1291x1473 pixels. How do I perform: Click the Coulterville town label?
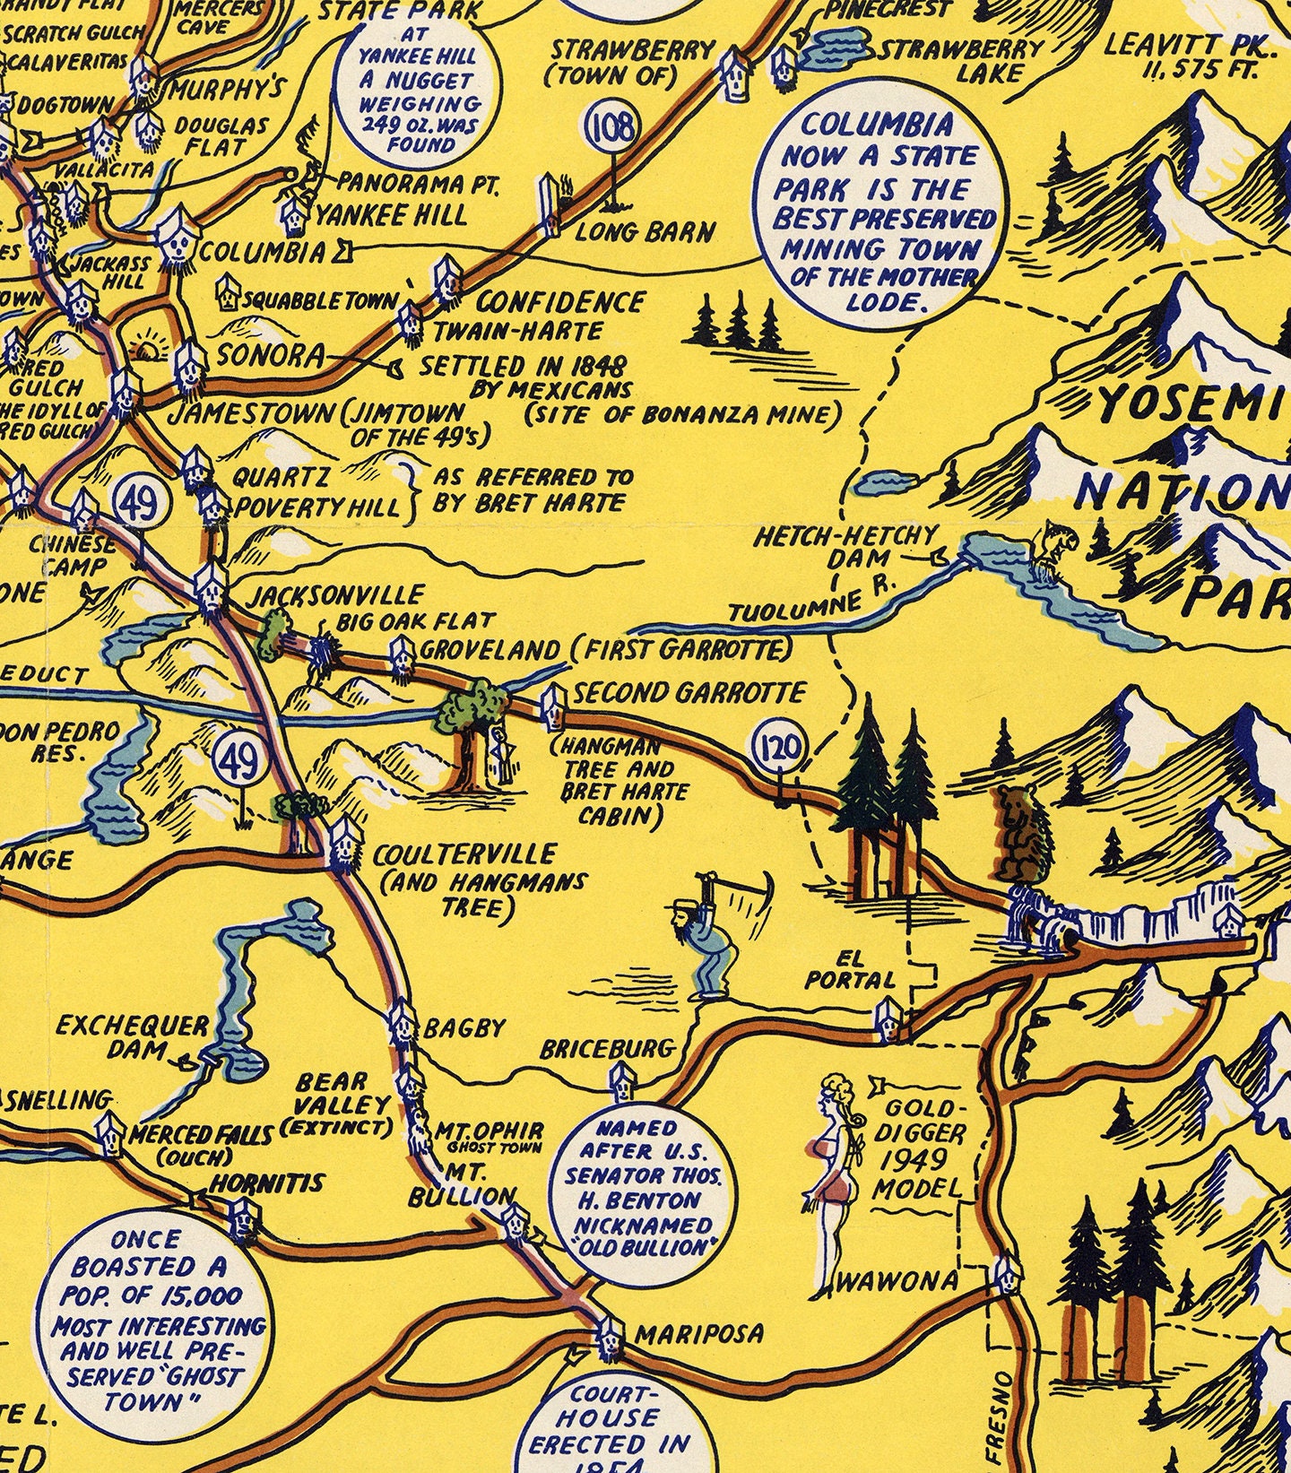click(x=465, y=854)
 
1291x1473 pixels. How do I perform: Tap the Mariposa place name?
click(x=699, y=1333)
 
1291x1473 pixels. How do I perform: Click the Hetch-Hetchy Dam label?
click(x=844, y=547)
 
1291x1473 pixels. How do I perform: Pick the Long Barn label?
click(x=645, y=232)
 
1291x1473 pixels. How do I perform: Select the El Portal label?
click(x=849, y=969)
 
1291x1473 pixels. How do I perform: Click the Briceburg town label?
click(x=606, y=1048)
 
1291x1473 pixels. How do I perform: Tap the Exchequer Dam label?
click(x=132, y=1036)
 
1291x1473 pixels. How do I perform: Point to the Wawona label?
click(x=897, y=1282)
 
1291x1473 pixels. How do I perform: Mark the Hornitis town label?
click(x=265, y=1183)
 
